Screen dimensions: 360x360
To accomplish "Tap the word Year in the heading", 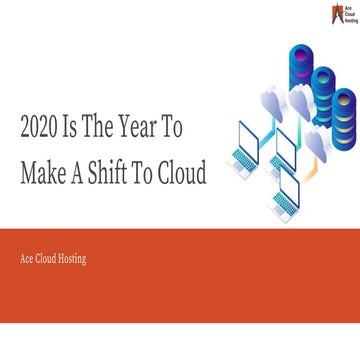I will pyautogui.click(x=150, y=128).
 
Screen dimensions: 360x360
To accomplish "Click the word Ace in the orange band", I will pyautogui.click(x=27, y=260).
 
